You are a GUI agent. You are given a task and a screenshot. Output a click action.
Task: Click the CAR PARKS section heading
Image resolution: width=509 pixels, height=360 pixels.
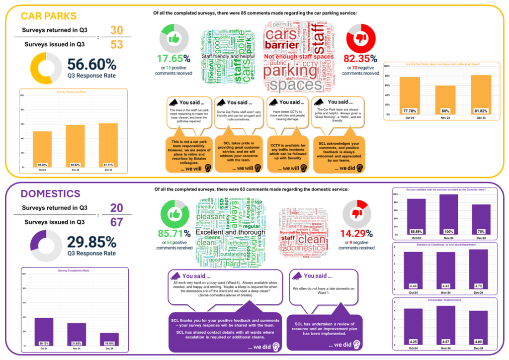tap(49, 16)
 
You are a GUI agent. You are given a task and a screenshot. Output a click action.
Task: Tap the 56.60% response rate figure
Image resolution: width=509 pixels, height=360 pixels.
tap(92, 65)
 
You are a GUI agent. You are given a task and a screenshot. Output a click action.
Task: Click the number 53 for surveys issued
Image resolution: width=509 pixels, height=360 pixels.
tap(116, 45)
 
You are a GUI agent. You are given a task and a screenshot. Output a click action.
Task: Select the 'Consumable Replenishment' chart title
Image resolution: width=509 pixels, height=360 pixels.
tap(445, 300)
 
